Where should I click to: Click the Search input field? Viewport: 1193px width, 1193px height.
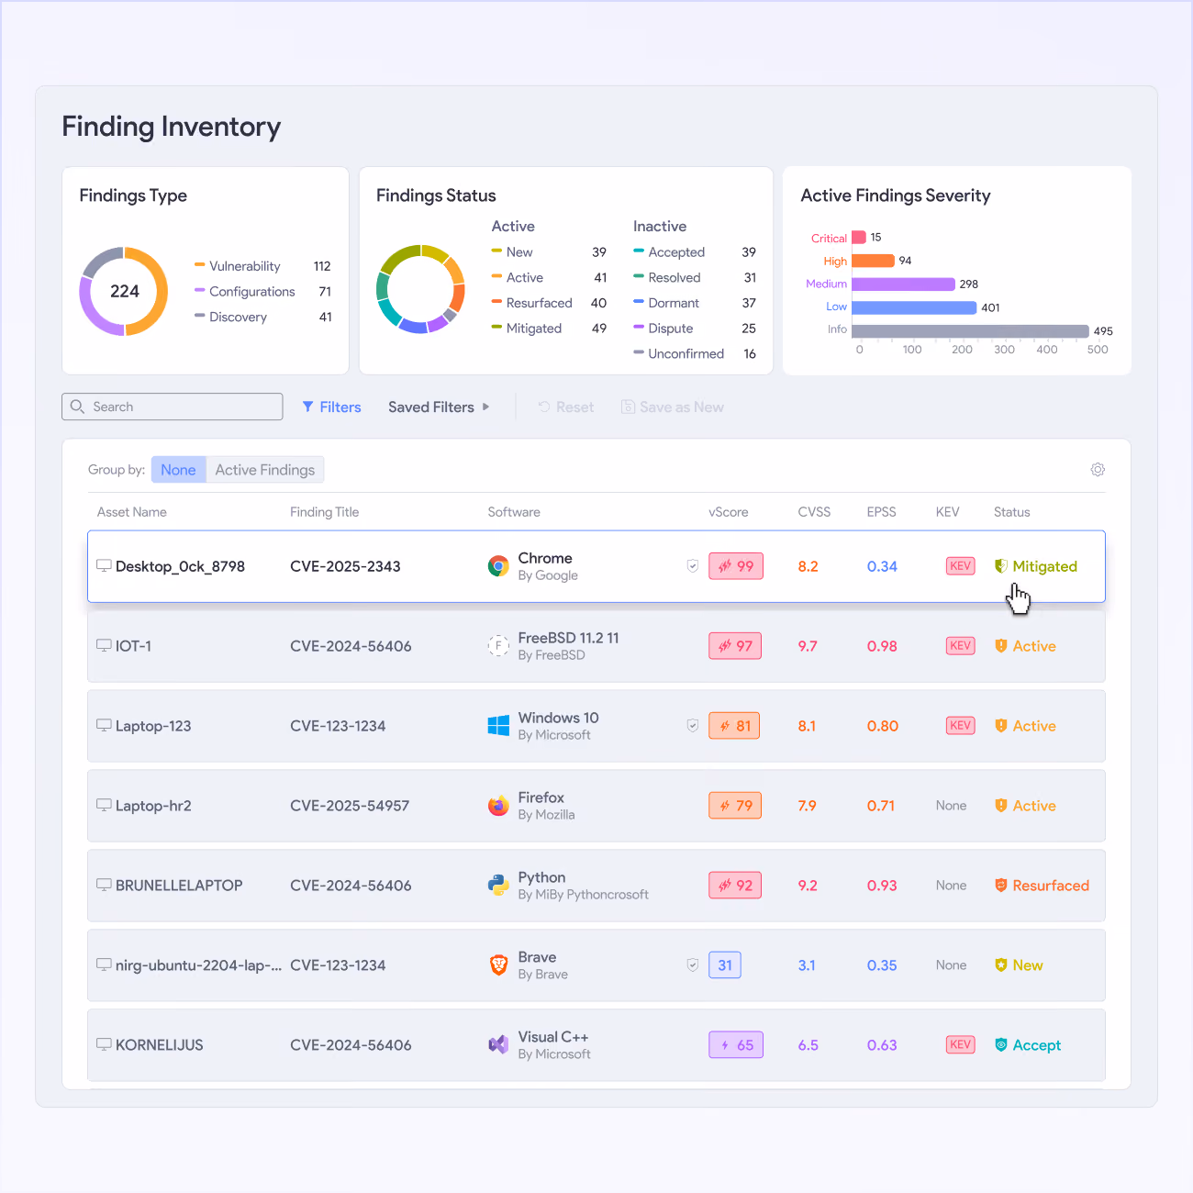coord(173,407)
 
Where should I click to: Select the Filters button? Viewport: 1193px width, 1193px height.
coord(331,407)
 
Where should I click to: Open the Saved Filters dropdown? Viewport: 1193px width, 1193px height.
coord(439,407)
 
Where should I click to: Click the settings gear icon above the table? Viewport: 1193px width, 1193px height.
coord(1098,469)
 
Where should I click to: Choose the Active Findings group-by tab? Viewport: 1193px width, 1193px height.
coord(265,470)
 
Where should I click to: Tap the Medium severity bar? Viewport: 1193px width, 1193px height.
coord(903,284)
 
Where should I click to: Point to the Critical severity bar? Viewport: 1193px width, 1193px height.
coord(859,237)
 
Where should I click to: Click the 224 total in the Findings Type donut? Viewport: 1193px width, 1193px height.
coord(125,291)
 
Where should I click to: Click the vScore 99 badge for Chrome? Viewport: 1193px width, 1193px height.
coord(736,566)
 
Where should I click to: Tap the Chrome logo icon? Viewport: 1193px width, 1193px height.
coord(498,566)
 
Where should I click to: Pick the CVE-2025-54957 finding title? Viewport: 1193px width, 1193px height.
coord(350,806)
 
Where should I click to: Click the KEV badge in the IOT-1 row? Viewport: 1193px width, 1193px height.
coord(960,646)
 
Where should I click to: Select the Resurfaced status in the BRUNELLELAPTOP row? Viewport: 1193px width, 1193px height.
coord(1042,886)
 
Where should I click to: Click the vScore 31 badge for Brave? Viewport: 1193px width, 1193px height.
coord(725,964)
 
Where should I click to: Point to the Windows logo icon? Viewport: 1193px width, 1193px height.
coord(498,726)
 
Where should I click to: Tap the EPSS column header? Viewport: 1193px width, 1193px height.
coord(881,512)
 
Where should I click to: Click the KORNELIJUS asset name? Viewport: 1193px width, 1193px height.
coord(159,1045)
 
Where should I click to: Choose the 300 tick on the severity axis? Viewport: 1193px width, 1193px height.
coord(1004,349)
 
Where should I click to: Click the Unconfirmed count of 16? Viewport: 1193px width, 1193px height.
coord(750,353)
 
